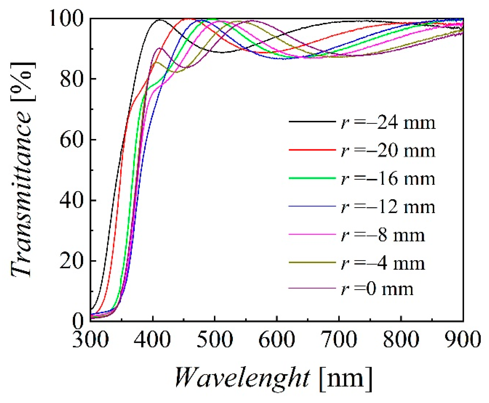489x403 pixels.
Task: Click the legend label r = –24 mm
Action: pyautogui.click(x=388, y=123)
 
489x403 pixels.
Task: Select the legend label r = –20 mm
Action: pyautogui.click(x=388, y=151)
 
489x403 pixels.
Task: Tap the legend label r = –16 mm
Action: pyautogui.click(x=388, y=179)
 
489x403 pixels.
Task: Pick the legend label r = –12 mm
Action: pyautogui.click(x=388, y=207)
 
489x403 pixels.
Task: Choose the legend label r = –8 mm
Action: pyautogui.click(x=383, y=235)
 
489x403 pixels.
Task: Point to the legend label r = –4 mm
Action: pyautogui.click(x=383, y=263)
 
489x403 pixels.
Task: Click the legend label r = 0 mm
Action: pyautogui.click(x=377, y=289)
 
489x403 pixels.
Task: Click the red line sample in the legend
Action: pyautogui.click(x=312, y=150)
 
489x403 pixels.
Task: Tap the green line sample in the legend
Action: pyautogui.click(x=312, y=178)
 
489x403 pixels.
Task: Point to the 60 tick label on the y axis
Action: pyautogui.click(x=71, y=140)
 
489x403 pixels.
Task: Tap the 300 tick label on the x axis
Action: pyautogui.click(x=90, y=340)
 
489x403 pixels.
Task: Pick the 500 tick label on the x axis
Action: pyautogui.click(x=215, y=340)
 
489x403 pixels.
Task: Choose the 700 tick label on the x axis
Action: pyautogui.click(x=339, y=340)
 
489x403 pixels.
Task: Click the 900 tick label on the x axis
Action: pyautogui.click(x=463, y=340)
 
